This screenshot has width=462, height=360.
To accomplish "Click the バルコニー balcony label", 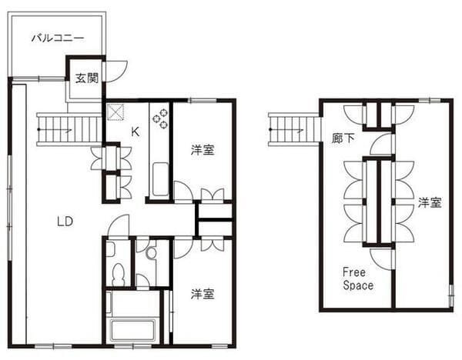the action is pyautogui.click(x=58, y=38).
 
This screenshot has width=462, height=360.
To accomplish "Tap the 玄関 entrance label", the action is pyautogui.click(x=86, y=78).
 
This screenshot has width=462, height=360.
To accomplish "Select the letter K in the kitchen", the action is pyautogui.click(x=135, y=132).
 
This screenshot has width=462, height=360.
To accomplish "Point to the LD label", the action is pyautogui.click(x=65, y=222).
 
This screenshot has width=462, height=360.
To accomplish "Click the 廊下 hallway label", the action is pyautogui.click(x=343, y=138).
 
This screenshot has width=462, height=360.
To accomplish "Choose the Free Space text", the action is pyautogui.click(x=358, y=278).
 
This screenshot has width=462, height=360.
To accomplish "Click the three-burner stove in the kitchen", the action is pyautogui.click(x=160, y=118).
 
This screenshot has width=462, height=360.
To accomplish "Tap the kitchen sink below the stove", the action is pyautogui.click(x=161, y=179).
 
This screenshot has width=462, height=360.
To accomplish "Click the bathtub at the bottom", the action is pyautogui.click(x=132, y=331).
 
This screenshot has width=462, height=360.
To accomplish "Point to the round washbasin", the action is pyautogui.click(x=152, y=253).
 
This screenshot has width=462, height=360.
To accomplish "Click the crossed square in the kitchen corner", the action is pyautogui.click(x=115, y=112).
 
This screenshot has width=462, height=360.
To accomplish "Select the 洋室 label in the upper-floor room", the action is pyautogui.click(x=430, y=203).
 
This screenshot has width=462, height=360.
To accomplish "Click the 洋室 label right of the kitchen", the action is pyautogui.click(x=203, y=150).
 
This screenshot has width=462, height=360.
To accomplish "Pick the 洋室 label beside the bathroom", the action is pyautogui.click(x=203, y=294).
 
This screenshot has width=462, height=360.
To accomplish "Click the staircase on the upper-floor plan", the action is pyautogui.click(x=294, y=129).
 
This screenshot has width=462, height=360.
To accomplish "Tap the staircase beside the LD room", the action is pyautogui.click(x=69, y=129).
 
